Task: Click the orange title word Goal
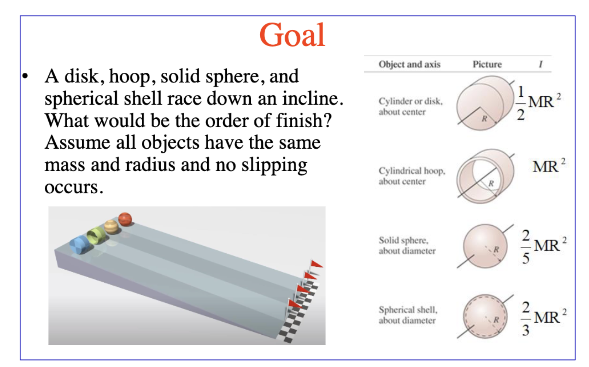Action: pyautogui.click(x=292, y=35)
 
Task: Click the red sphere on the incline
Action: pyautogui.click(x=125, y=219)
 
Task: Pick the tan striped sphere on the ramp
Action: pyautogui.click(x=111, y=227)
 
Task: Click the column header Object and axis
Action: pyautogui.click(x=409, y=64)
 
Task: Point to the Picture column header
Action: pyautogui.click(x=487, y=64)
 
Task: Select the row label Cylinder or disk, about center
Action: pyautogui.click(x=411, y=107)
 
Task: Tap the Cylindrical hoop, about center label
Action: pyautogui.click(x=412, y=176)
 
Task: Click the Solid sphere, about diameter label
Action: pyautogui.click(x=407, y=245)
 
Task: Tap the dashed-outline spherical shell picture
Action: pyautogui.click(x=485, y=317)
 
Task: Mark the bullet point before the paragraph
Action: pyautogui.click(x=25, y=76)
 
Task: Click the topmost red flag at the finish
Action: pyautogui.click(x=316, y=264)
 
